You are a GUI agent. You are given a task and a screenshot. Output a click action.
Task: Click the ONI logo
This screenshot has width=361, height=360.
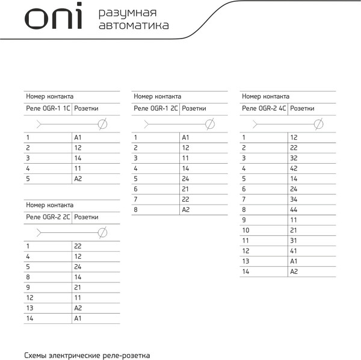pyautogui.click(x=53, y=18)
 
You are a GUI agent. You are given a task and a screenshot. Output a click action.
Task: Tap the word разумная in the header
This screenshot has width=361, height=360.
pyautogui.click(x=128, y=13)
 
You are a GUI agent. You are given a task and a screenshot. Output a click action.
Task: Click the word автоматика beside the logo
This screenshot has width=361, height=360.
pyautogui.click(x=133, y=25)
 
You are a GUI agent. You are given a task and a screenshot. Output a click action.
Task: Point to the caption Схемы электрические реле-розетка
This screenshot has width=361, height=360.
pyautogui.click(x=87, y=355)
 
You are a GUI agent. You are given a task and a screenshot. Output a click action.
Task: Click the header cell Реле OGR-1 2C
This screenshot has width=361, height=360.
pyautogui.click(x=156, y=109)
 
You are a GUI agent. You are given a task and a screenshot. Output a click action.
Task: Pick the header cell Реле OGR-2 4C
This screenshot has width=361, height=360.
pyautogui.click(x=264, y=109)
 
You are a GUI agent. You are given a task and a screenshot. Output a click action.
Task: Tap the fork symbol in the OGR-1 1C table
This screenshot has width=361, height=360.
pyautogui.click(x=40, y=124)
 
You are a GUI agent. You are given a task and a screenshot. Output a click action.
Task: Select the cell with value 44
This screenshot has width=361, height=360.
pyautogui.click(x=294, y=209)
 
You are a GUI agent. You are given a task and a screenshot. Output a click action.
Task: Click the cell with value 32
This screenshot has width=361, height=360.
pyautogui.click(x=294, y=158)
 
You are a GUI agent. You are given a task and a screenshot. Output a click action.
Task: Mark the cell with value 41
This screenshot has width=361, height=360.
pyautogui.click(x=294, y=250)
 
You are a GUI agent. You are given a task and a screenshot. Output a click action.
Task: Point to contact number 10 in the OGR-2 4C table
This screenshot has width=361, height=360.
pyautogui.click(x=245, y=230)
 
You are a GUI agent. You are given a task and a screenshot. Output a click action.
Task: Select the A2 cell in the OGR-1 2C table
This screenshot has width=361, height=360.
pyautogui.click(x=186, y=209)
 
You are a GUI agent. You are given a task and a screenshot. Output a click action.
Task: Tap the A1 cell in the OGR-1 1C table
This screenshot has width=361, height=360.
pyautogui.click(x=78, y=137)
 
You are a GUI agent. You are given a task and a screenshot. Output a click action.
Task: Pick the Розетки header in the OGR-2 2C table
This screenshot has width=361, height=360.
pyautogui.click(x=86, y=217)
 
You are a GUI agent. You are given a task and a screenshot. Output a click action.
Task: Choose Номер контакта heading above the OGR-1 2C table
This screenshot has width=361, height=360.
pyautogui.click(x=157, y=96)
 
